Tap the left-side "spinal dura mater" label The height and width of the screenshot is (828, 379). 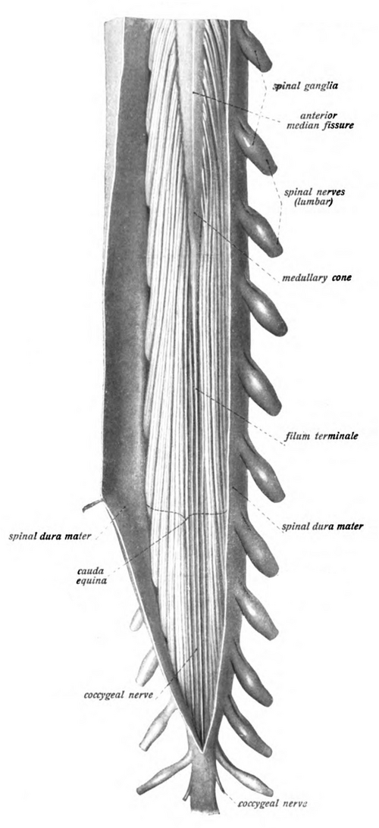[50, 536]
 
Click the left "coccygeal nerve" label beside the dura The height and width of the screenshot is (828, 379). [118, 695]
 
